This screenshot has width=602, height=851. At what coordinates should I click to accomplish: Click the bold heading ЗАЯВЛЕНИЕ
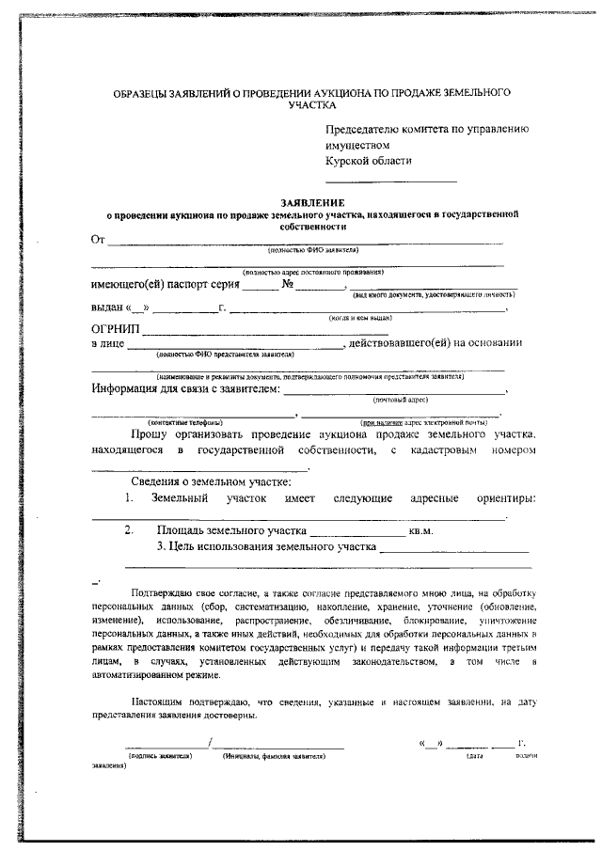(312, 202)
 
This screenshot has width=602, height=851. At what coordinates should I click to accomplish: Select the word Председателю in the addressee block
(365, 131)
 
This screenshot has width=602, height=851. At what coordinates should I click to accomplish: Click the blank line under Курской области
(390, 181)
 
